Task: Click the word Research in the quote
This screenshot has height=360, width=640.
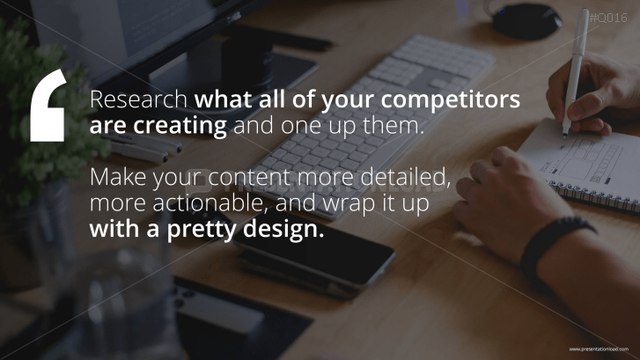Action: click(138, 100)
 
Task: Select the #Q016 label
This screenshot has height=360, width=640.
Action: click(607, 17)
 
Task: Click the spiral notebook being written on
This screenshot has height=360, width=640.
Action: click(590, 158)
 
